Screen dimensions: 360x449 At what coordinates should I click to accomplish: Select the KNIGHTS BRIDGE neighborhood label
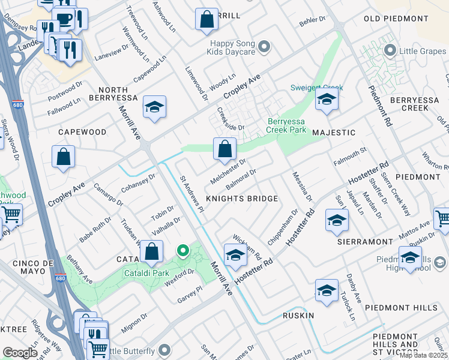[242, 199]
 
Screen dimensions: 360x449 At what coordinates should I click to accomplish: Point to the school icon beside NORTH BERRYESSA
[154, 107]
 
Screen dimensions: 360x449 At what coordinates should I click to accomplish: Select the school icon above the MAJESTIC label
[327, 99]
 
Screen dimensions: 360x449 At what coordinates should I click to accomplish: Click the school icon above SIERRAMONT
[337, 220]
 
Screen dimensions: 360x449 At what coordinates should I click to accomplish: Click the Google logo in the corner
[20, 352]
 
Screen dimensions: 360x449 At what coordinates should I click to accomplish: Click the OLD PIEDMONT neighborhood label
[394, 19]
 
